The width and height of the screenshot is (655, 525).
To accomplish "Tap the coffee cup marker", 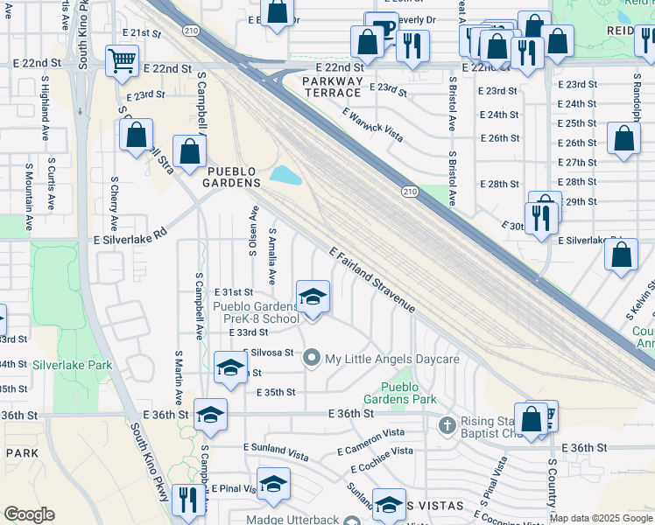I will (x=381, y=26).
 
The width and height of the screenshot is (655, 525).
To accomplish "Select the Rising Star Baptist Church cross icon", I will (x=447, y=425).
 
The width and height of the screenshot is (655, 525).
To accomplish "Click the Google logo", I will (x=29, y=514).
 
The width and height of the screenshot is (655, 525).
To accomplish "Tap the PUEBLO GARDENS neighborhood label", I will (x=232, y=176).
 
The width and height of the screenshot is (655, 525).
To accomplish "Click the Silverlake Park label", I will (x=74, y=364).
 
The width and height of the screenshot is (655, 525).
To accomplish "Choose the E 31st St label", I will (x=234, y=291).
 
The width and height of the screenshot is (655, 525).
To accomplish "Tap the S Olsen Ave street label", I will (x=253, y=231).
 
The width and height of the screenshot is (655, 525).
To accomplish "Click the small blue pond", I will (x=285, y=175).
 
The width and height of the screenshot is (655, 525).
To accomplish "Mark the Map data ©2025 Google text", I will (x=601, y=518).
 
